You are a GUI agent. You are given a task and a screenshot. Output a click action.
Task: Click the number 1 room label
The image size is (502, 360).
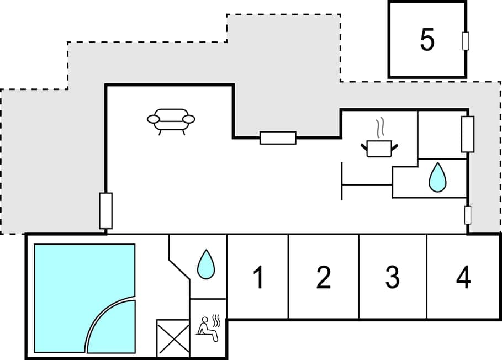point(258,277)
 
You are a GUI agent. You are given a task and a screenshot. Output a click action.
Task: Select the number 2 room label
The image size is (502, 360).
point(324,277)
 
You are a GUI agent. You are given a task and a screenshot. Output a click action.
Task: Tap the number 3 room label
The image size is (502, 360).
point(392,277)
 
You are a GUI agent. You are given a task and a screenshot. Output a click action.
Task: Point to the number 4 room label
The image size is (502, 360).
point(463,277)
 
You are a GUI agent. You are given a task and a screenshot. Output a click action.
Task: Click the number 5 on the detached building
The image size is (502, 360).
point(427,39)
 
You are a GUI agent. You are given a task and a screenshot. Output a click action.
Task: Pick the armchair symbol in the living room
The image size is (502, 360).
point(171,120)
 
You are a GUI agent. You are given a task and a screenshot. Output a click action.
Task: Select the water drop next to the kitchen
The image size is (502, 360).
point(437,177)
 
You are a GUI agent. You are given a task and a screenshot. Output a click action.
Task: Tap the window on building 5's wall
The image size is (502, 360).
point(466,41)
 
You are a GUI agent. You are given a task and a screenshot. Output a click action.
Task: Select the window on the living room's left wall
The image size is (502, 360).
point(105,210)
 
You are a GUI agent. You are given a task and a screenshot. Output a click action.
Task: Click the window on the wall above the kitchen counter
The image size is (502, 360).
point(278,137)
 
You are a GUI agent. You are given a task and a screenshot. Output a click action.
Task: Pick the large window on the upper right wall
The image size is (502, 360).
point(467,134)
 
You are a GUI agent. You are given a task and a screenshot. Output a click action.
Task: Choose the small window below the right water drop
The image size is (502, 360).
point(467,215)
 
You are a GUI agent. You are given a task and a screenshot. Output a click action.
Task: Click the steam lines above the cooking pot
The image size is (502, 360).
point(379,129)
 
